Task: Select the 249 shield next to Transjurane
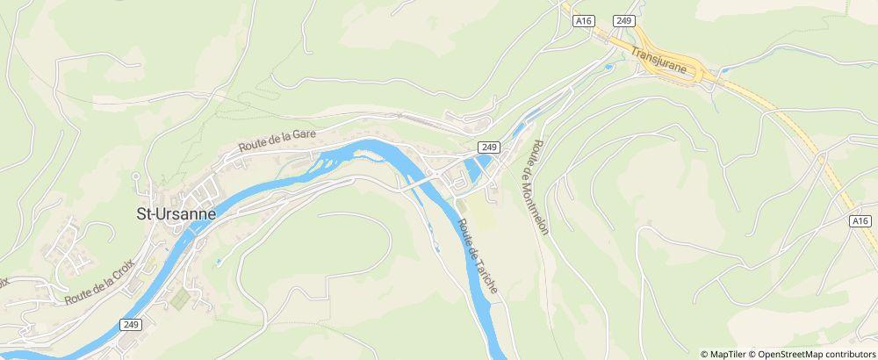(x=624, y=20)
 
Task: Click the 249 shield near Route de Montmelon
(x=489, y=147)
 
